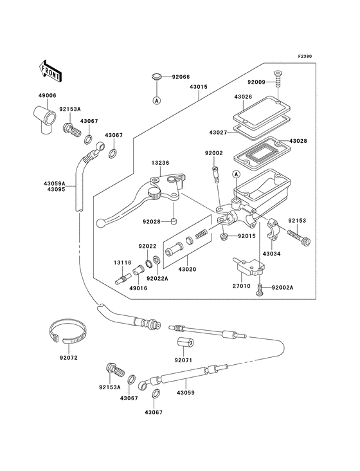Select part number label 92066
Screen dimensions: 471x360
181,77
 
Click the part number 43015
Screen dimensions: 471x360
198,86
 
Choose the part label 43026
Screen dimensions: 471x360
242,97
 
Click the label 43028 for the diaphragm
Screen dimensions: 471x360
299,140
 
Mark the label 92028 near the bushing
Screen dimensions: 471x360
151,222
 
